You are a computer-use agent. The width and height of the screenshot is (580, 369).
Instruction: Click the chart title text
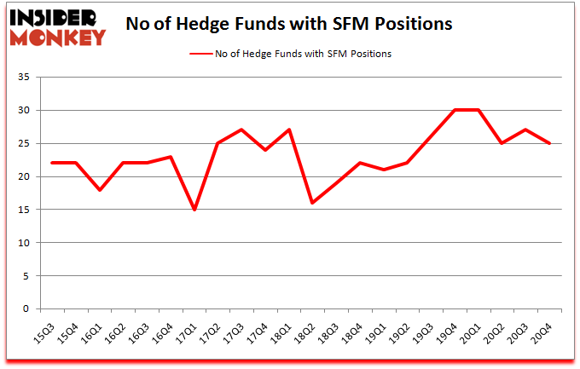[x=288, y=24]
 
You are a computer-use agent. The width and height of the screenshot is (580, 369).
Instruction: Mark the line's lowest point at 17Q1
[x=195, y=210]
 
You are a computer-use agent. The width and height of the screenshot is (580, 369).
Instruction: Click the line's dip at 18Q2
[x=313, y=203]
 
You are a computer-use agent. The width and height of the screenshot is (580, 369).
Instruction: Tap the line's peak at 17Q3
[x=242, y=130]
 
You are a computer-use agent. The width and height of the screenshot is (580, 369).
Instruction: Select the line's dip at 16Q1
[x=101, y=190]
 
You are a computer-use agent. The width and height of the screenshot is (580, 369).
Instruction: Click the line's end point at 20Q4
[x=549, y=144]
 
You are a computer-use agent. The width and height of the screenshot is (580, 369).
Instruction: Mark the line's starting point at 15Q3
[x=53, y=164]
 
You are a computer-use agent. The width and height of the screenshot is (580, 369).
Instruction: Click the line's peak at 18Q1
[x=290, y=130]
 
